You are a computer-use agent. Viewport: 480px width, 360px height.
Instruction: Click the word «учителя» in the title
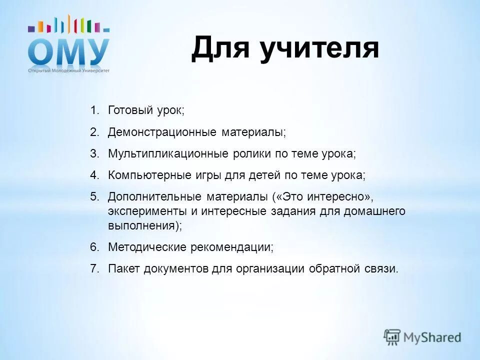point(318,49)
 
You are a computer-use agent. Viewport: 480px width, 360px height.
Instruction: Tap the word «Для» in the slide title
point(220,49)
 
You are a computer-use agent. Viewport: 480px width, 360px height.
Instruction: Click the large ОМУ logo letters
point(68,51)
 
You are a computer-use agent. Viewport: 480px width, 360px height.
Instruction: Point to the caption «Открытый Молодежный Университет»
point(68,70)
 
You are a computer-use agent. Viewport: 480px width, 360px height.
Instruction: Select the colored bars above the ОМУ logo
point(68,25)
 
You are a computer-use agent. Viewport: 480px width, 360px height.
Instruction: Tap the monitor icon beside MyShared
point(392,337)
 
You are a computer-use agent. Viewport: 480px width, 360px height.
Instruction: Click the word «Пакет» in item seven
point(124,268)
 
